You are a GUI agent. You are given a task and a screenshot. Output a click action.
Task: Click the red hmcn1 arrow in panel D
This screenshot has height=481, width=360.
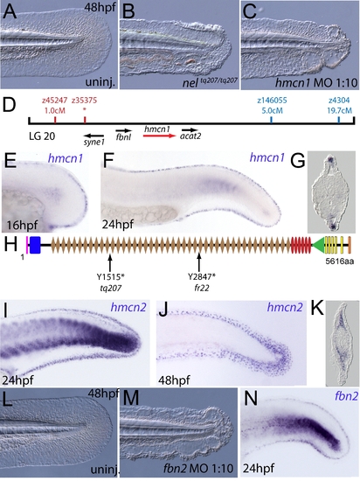coord(160,135)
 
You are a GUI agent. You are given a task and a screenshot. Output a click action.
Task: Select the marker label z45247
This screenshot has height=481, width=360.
coord(54,101)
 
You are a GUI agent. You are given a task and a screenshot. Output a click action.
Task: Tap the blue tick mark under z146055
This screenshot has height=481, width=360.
coord(272,120)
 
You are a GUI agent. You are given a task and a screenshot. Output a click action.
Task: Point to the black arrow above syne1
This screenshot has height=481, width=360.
coord(93,135)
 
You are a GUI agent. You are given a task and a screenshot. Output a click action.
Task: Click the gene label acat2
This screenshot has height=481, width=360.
coord(190,136)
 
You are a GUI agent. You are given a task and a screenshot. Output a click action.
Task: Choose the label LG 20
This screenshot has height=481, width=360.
coord(42,136)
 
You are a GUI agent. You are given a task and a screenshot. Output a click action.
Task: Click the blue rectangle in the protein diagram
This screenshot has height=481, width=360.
coord(35,245)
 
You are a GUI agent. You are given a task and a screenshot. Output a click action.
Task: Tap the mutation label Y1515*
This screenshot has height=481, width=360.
coord(111,277)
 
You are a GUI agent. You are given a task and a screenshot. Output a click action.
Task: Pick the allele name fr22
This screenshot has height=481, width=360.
coord(200,288)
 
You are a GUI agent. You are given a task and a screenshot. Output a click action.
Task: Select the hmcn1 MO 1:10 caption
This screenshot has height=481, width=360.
coord(317,83)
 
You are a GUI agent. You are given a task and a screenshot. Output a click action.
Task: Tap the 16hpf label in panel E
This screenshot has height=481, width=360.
coord(19,226)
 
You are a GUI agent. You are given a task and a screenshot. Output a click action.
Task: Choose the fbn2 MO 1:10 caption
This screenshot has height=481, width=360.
coord(198,468)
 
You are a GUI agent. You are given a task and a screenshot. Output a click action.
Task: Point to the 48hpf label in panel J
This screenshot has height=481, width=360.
coord(174,380)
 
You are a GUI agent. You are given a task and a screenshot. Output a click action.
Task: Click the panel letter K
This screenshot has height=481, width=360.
coord(317,309)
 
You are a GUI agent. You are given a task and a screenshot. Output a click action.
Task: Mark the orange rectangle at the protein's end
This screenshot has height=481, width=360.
coord(350,245)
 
